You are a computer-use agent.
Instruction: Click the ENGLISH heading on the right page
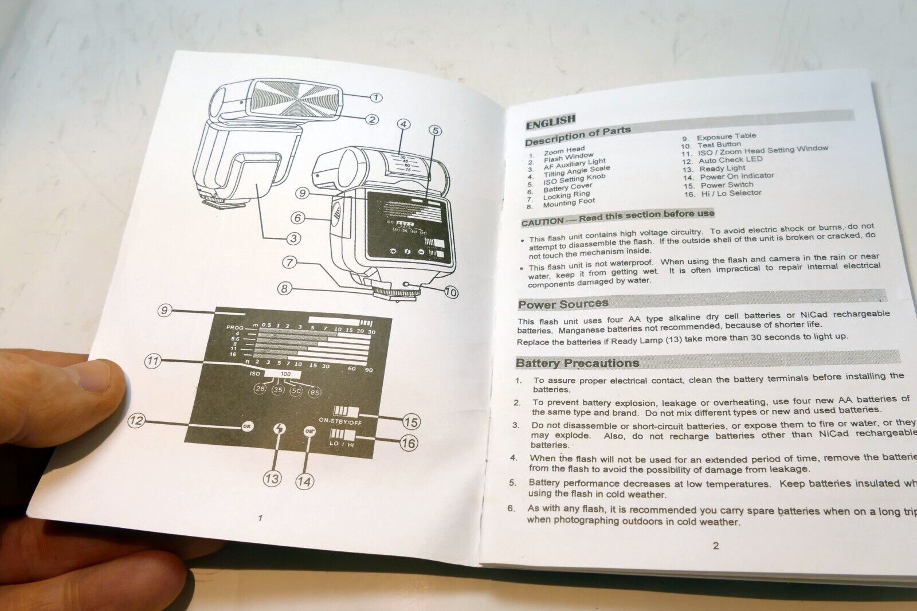tap(550, 120)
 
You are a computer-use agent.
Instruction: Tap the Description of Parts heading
tap(578, 136)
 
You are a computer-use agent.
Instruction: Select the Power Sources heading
tap(563, 304)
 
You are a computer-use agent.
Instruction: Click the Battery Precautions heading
tap(577, 363)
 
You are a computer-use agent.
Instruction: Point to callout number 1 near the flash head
tap(375, 97)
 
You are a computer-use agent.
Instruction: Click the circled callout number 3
tap(293, 238)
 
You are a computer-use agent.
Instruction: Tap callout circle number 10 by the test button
tap(450, 292)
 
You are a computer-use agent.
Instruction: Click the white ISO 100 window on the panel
tap(285, 374)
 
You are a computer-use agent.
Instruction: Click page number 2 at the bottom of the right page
tap(715, 546)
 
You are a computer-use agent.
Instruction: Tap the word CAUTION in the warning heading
tap(542, 221)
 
